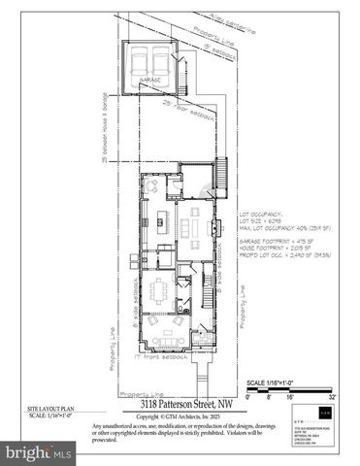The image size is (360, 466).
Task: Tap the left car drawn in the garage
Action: tap(143, 62)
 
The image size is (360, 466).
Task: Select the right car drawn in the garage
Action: tap(165, 62)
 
